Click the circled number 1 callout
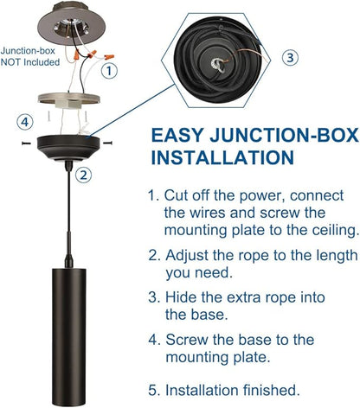pyautogui.click(x=109, y=71)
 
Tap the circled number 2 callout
pyautogui.click(x=84, y=175)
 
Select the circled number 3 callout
pyautogui.click(x=290, y=58)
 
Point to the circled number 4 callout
pyautogui.click(x=25, y=122)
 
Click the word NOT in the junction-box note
pyautogui.click(x=10, y=62)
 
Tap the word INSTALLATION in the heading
pyautogui.click(x=222, y=157)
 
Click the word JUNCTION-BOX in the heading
pyautogui.click(x=284, y=135)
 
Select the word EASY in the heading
pyautogui.click(x=177, y=135)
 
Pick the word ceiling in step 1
pyautogui.click(x=335, y=231)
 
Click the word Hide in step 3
pyautogui.click(x=180, y=297)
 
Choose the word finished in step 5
pyautogui.click(x=270, y=390)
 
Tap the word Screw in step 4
pyautogui.click(x=186, y=340)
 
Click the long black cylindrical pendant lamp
pyautogui.click(x=68, y=336)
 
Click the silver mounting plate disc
pyautogui.click(x=69, y=99)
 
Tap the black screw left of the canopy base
pyautogui.click(x=27, y=143)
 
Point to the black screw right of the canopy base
pyautogui.click(x=107, y=143)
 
